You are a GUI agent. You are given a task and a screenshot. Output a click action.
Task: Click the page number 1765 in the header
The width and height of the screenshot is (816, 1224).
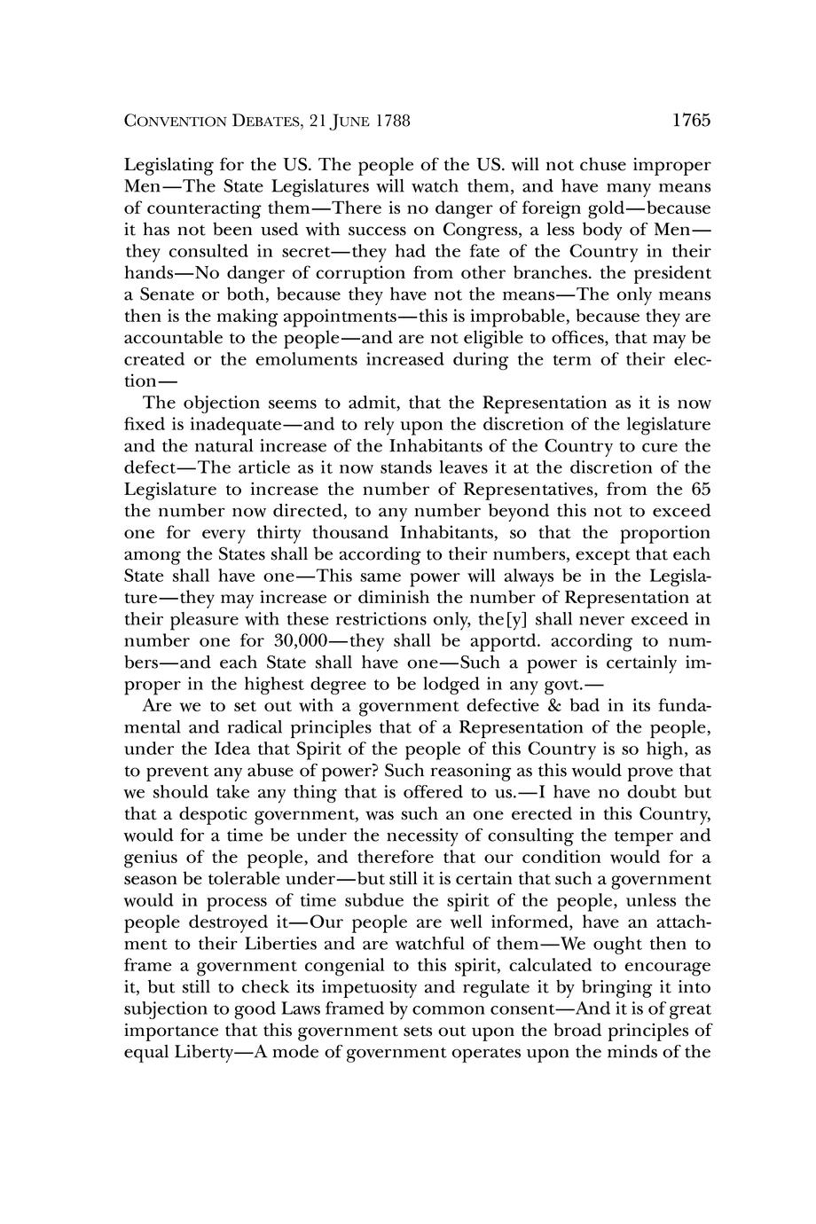pyautogui.click(x=692, y=121)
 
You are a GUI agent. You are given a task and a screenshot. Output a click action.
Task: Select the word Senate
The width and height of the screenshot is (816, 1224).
pyautogui.click(x=166, y=295)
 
